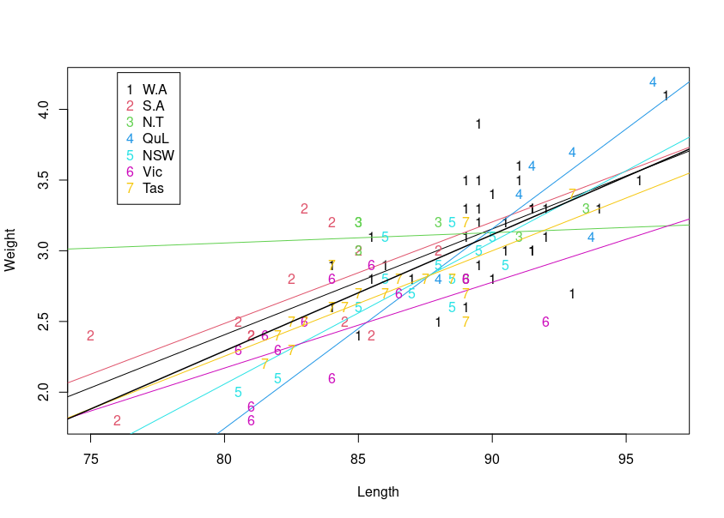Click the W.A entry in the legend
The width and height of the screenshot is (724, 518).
coord(155,89)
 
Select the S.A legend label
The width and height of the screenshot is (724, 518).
coord(153,105)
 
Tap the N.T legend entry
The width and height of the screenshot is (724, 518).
coord(153,122)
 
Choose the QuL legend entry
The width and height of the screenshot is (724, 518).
coord(155,138)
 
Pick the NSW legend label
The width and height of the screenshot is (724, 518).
coord(158,155)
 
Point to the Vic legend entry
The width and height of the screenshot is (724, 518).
coord(152,172)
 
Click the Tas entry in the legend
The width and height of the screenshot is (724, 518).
coord(153,188)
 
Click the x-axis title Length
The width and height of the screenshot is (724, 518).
coord(378,492)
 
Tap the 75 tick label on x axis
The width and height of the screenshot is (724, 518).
coord(90,460)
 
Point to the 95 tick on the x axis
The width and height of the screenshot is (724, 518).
coord(626,460)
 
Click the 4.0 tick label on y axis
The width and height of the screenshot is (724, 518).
coord(48,110)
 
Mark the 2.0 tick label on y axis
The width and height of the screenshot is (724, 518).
coord(48,392)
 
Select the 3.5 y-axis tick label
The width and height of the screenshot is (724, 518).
coord(48,180)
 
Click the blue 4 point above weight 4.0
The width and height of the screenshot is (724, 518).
coord(653,82)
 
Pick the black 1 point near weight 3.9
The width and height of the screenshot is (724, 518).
coord(478,124)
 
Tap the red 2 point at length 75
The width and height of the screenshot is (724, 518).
coord(90,335)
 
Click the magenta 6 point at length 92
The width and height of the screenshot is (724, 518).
coord(545,322)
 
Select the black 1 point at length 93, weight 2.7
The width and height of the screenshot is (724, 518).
coord(572,293)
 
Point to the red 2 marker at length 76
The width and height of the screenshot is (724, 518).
coord(117,420)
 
